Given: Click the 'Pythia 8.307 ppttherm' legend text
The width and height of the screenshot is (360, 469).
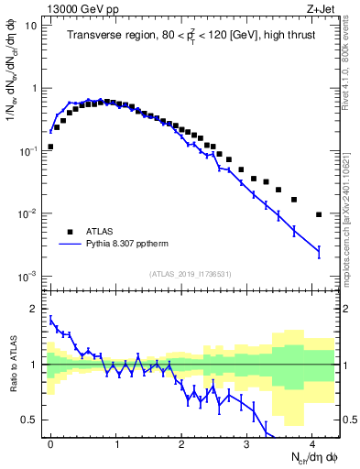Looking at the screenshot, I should [x=138, y=245].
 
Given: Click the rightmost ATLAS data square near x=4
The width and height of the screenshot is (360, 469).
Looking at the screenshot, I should [x=319, y=214].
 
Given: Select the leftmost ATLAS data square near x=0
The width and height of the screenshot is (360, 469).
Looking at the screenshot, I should [x=50, y=147].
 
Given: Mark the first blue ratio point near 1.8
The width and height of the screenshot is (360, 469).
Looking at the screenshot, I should [x=50, y=319].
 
